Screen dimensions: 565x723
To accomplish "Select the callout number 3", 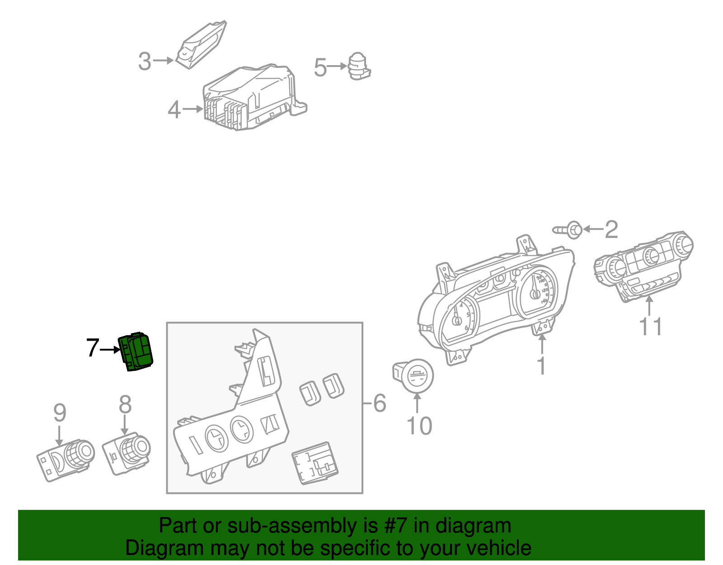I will click(144, 62).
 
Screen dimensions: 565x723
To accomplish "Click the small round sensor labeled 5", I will click(359, 66).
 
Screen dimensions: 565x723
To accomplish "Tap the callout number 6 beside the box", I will click(379, 403).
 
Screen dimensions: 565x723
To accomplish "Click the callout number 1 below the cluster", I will click(541, 366).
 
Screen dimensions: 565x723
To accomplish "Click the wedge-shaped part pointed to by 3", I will click(201, 45).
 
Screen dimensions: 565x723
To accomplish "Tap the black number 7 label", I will click(92, 348).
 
